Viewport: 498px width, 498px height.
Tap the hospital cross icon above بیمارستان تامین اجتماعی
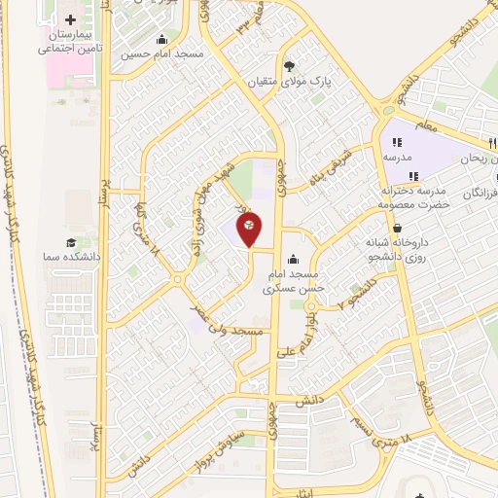69,19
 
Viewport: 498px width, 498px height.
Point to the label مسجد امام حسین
162,54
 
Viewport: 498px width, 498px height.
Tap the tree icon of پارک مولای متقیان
290,66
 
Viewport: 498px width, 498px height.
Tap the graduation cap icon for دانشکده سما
71,242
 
